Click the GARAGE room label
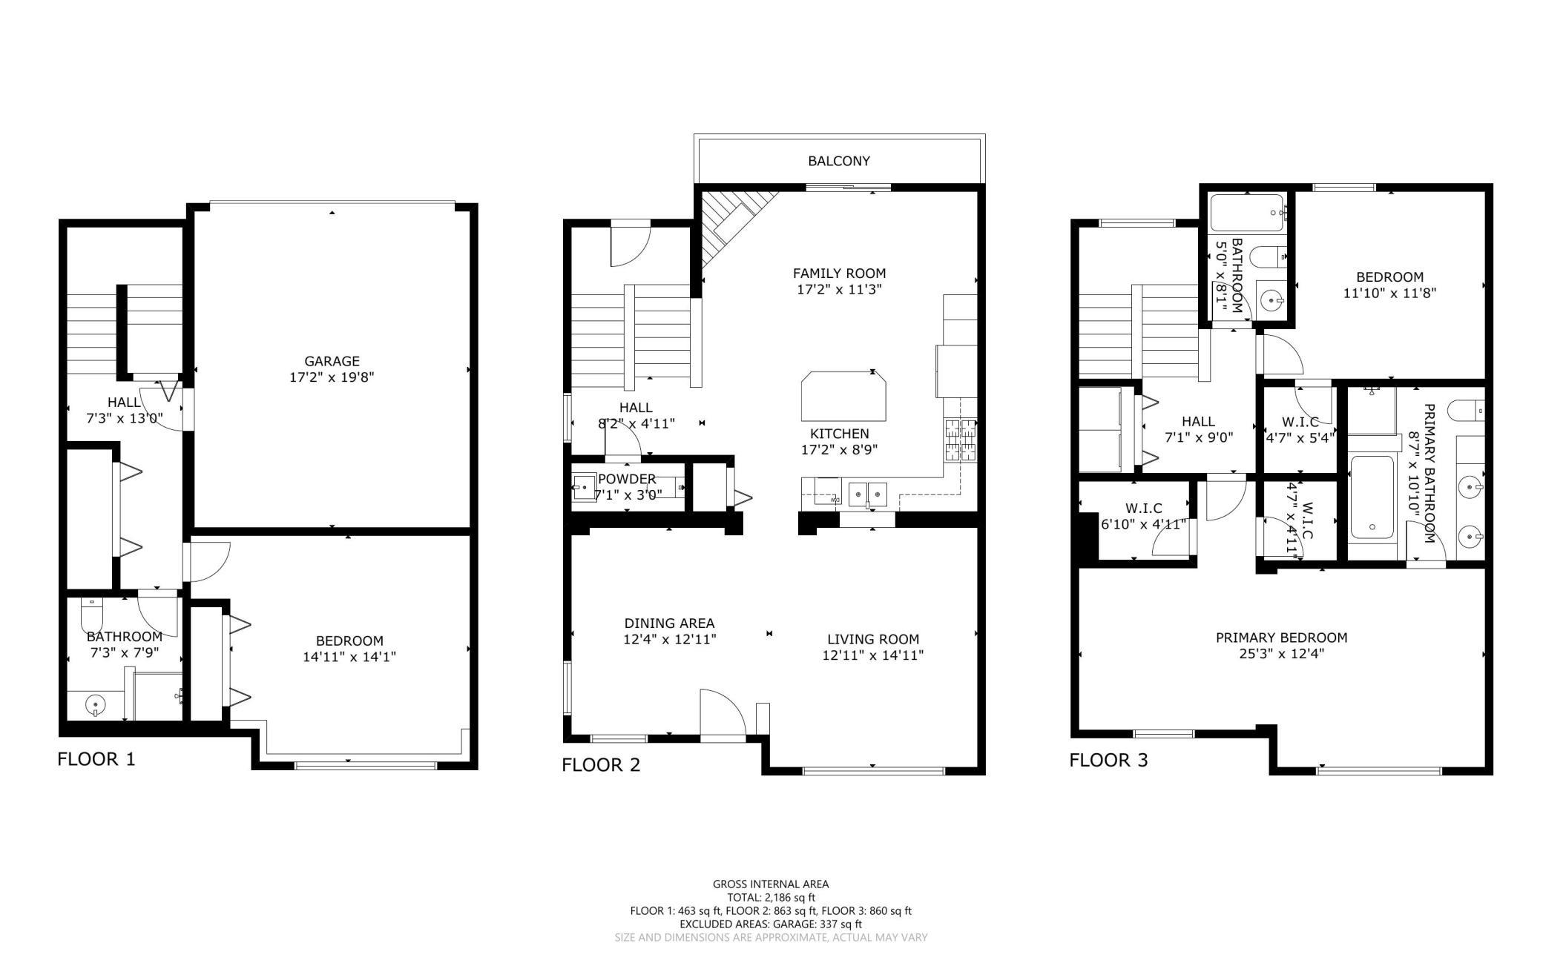point(332,361)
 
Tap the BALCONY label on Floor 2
point(839,161)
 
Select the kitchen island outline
point(843,396)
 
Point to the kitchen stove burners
point(960,440)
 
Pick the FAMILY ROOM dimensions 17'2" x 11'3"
point(839,290)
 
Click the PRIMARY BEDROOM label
point(1281,638)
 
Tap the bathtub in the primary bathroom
point(1372,497)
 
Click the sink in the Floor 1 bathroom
point(95,704)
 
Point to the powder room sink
point(584,487)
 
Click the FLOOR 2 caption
point(601,765)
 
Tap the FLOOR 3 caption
point(1108,760)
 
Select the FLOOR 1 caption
point(96,759)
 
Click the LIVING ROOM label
point(873,639)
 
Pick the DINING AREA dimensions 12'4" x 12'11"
point(670,639)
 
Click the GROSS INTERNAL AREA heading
point(771,884)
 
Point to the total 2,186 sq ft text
point(771,897)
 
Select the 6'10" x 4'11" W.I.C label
point(1143,524)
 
